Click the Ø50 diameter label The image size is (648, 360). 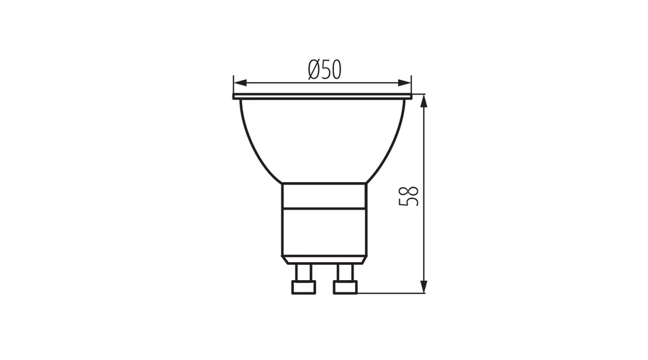click(x=325, y=69)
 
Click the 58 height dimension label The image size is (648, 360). click(x=409, y=197)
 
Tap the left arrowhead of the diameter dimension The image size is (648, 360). click(x=240, y=83)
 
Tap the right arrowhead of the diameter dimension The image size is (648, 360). click(x=405, y=83)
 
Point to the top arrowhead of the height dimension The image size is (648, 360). click(x=423, y=102)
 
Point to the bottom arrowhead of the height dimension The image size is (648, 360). click(x=423, y=287)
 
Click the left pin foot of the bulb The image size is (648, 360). click(x=304, y=287)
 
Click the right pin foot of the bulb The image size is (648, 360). click(x=345, y=287)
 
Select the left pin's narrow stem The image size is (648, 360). click(x=304, y=273)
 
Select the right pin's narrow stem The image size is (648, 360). click(x=346, y=273)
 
